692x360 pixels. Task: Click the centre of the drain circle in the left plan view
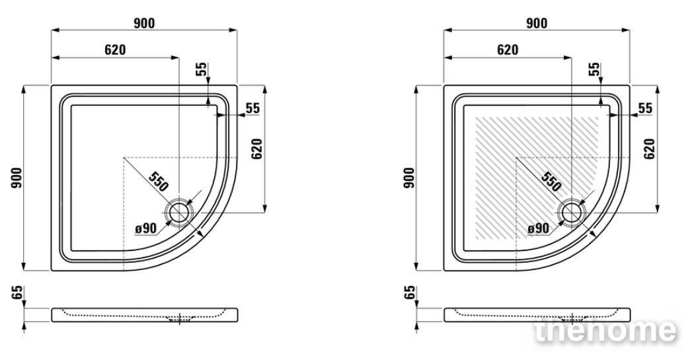(x=178, y=212)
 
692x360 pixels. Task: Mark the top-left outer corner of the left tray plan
(x=51, y=85)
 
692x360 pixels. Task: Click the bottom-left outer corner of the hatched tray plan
(x=444, y=270)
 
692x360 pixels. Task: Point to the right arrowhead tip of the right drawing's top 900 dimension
(x=630, y=30)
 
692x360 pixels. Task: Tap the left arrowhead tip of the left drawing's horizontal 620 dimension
(x=52, y=57)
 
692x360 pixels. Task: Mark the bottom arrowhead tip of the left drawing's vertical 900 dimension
(x=23, y=270)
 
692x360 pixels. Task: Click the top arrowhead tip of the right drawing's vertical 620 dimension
(x=658, y=86)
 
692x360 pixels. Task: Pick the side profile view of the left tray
(x=144, y=315)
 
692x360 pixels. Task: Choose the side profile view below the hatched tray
(x=537, y=315)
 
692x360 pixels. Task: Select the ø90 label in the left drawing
(x=146, y=228)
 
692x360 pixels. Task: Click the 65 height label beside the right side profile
(x=410, y=292)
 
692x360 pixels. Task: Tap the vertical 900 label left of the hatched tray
(x=410, y=178)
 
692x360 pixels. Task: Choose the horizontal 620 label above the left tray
(x=115, y=50)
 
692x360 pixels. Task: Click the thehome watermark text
(x=605, y=330)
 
